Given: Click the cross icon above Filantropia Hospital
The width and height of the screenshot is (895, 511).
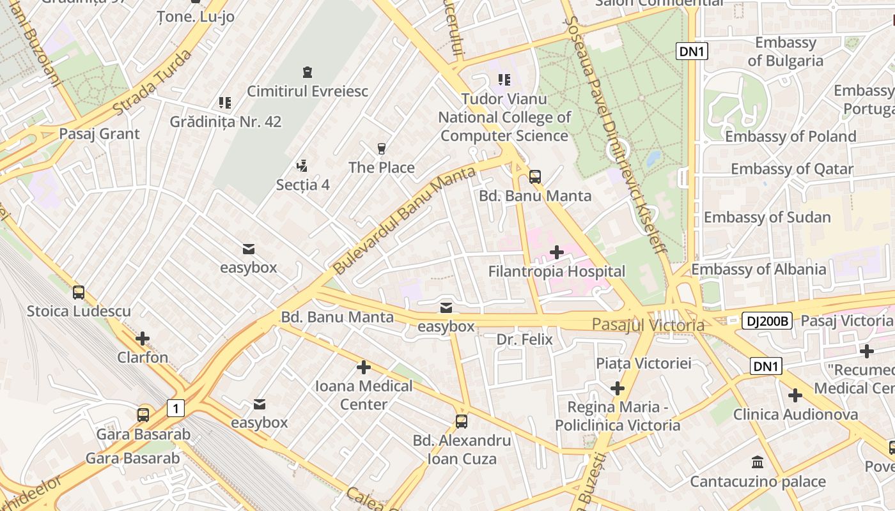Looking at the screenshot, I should pyautogui.click(x=557, y=252).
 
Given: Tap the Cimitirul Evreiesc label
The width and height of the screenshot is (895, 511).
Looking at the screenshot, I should pyautogui.click(x=307, y=91).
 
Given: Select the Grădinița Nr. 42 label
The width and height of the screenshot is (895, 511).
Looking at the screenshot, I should pyautogui.click(x=225, y=121).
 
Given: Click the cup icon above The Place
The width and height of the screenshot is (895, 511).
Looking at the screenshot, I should pyautogui.click(x=382, y=148).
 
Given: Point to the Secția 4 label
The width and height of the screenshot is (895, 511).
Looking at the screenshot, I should pyautogui.click(x=302, y=185).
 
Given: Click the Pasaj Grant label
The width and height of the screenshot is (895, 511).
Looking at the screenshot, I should pyautogui.click(x=99, y=133).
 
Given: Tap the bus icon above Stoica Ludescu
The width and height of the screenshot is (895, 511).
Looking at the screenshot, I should pyautogui.click(x=79, y=293).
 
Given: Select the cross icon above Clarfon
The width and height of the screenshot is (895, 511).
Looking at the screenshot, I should pyautogui.click(x=143, y=338).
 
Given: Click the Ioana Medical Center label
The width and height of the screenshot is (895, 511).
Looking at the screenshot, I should pyautogui.click(x=363, y=395).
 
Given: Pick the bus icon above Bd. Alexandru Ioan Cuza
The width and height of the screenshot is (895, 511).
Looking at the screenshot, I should pyautogui.click(x=462, y=422).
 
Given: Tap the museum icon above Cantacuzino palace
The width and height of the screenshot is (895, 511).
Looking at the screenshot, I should pyautogui.click(x=758, y=462).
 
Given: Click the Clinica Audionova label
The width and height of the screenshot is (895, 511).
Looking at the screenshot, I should pyautogui.click(x=795, y=415).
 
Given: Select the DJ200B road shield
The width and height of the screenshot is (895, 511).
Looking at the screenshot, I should pyautogui.click(x=767, y=321).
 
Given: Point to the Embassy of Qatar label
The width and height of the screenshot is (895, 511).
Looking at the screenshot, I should pyautogui.click(x=791, y=169).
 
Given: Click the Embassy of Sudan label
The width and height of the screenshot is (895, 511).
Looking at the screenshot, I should pyautogui.click(x=767, y=217).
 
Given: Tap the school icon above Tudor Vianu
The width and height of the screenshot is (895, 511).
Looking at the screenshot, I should pyautogui.click(x=504, y=80).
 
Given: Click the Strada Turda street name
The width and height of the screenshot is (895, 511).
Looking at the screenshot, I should pyautogui.click(x=152, y=83).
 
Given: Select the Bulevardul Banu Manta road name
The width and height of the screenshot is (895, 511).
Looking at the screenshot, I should pyautogui.click(x=405, y=220).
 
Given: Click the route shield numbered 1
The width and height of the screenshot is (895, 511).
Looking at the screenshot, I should pyautogui.click(x=176, y=408).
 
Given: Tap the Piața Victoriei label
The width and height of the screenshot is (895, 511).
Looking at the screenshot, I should pyautogui.click(x=643, y=363).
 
